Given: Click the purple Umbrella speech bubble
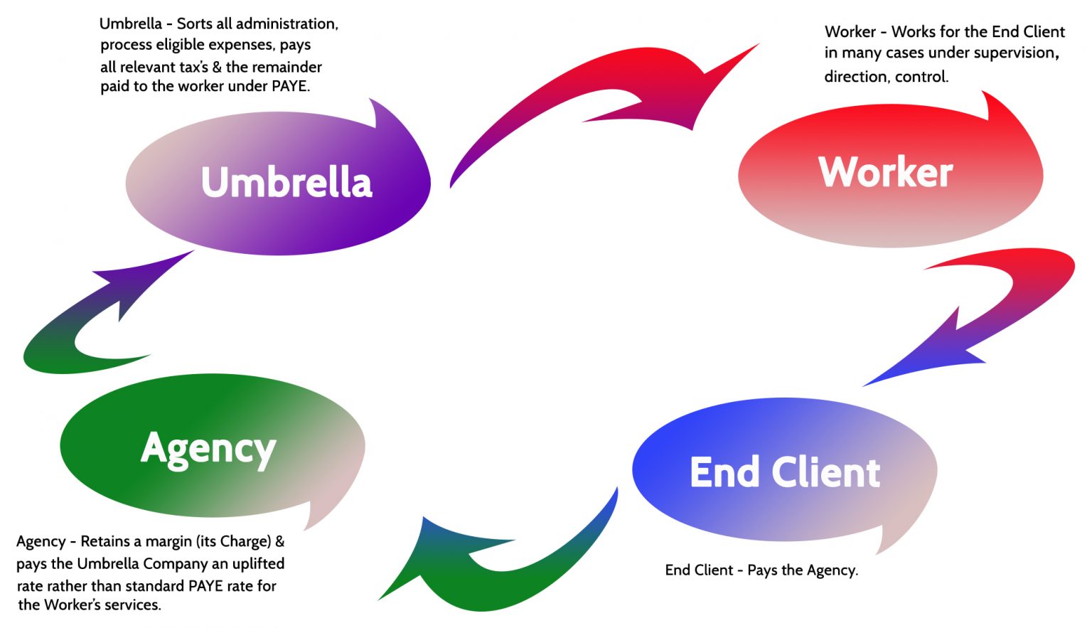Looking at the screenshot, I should [277, 183].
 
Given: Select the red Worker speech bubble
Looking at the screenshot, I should [889, 174].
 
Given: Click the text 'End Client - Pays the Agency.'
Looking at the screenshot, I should [761, 570].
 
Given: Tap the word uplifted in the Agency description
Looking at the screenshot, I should [258, 564].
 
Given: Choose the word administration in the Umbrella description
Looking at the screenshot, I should [287, 24].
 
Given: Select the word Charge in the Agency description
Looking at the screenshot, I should [245, 542].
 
